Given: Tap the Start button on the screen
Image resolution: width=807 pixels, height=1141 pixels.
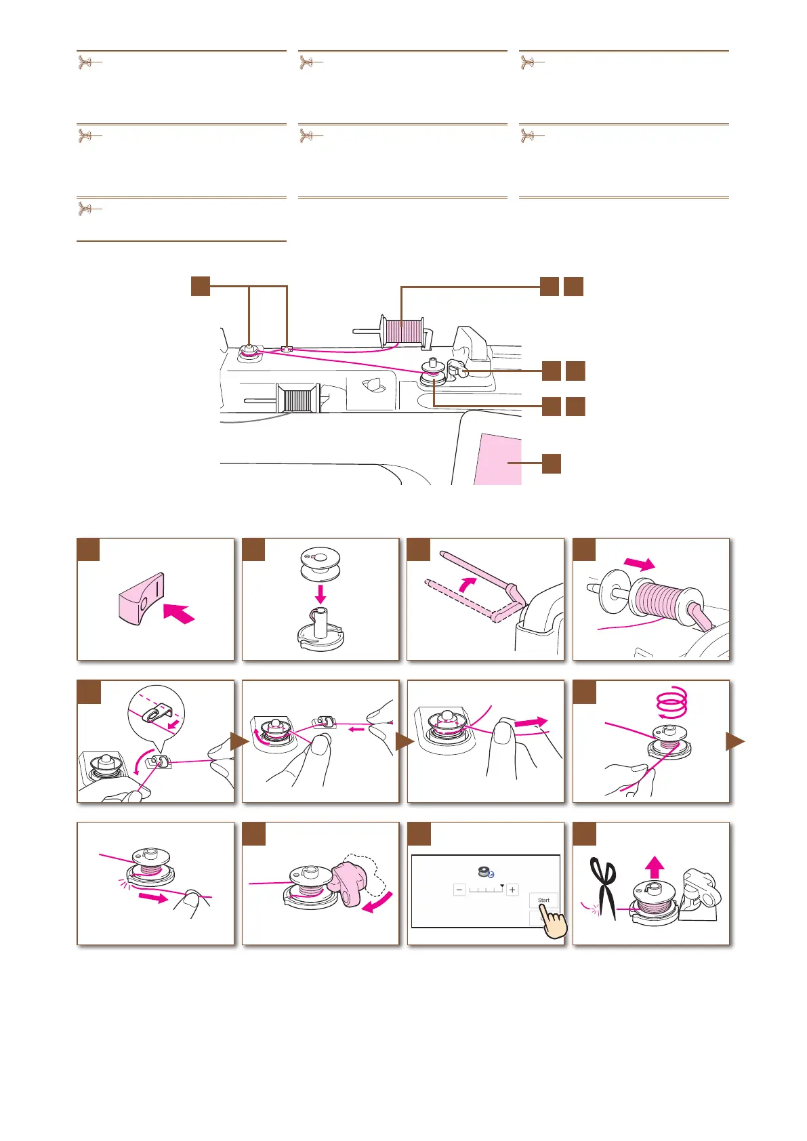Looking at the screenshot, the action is coord(543,900).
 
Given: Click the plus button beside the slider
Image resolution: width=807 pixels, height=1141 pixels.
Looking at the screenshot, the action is coord(512,890).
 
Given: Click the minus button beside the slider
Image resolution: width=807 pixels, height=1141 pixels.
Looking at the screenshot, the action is coord(459,890).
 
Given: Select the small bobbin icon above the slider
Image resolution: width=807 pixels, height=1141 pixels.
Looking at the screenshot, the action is coord(486,872).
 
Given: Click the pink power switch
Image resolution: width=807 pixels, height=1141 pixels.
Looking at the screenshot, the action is coord(141,599).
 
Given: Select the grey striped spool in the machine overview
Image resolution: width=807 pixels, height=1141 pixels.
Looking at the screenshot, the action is coord(297,398).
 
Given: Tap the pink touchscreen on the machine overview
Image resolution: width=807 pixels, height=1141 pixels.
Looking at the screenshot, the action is coord(500,459).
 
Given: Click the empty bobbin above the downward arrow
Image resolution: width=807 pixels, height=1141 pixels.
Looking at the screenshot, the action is coord(320,564).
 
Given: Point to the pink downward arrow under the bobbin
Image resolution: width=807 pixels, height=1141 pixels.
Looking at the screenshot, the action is coord(320,594).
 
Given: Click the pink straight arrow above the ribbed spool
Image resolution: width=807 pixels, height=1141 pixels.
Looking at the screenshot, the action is coord(640,564).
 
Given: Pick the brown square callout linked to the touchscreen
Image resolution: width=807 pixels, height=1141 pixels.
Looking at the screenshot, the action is coord(552,463).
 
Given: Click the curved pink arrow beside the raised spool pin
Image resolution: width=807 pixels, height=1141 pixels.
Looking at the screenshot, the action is coord(468,584).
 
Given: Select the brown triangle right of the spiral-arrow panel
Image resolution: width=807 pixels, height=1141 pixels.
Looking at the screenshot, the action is coord(735,741).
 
